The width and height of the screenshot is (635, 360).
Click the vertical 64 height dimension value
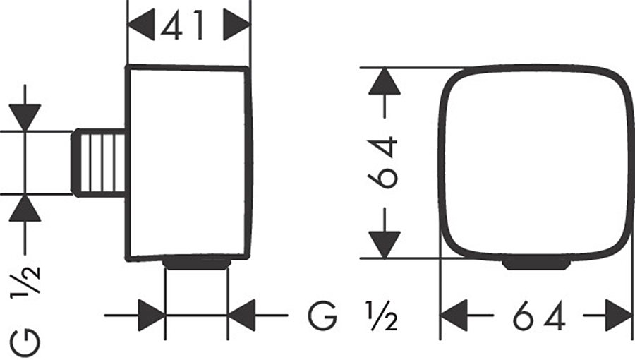[385, 163]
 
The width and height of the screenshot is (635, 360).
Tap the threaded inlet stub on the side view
[99, 162]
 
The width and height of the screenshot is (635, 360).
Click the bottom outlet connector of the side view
[197, 263]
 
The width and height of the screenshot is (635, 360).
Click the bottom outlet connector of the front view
[536, 263]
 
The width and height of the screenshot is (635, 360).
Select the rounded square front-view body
[534, 162]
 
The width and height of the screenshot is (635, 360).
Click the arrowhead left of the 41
[141, 26]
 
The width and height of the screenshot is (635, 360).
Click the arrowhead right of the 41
[236, 26]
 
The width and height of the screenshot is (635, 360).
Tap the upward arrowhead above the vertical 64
[385, 82]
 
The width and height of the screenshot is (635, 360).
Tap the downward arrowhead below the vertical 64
[385, 244]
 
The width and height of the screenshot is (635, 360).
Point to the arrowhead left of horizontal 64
[455, 315]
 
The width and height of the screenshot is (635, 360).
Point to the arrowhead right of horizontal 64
[617, 315]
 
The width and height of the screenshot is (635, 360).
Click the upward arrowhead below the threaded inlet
[25, 208]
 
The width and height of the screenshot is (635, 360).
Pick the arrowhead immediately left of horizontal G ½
[243, 315]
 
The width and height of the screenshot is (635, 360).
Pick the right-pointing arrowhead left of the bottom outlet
[150, 315]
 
